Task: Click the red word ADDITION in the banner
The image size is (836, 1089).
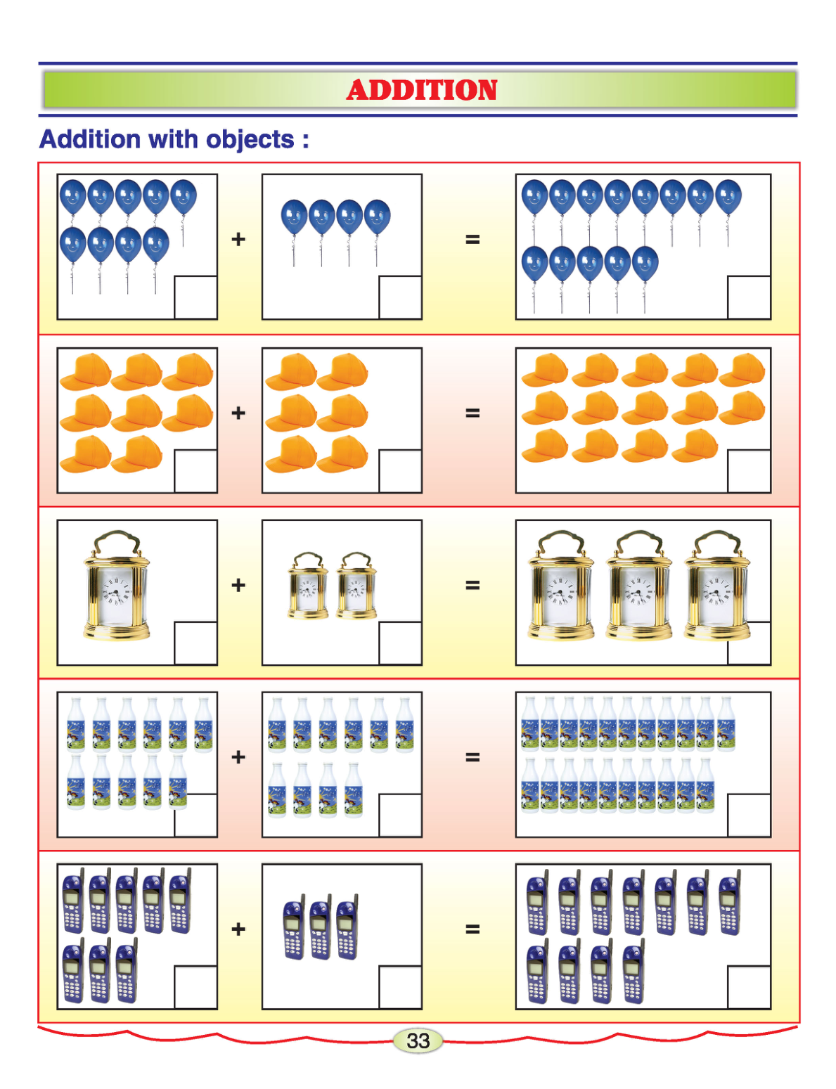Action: point(421,90)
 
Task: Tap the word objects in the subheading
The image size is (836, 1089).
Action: point(250,140)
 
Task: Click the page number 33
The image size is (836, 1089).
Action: point(418,1041)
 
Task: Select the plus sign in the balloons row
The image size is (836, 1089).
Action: point(238,239)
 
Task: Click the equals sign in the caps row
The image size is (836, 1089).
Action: point(472,413)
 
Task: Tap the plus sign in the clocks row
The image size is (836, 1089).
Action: point(238,585)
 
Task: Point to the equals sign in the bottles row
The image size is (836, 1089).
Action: point(472,756)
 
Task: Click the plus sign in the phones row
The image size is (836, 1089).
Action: point(238,929)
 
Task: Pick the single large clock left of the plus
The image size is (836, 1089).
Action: point(116,586)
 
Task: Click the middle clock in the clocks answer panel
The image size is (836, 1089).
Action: point(638,586)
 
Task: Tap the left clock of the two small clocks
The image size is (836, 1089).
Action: point(308,586)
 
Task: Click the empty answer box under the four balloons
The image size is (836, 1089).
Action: point(400,297)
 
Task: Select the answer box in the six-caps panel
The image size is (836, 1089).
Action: point(400,471)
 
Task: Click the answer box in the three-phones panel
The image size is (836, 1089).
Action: point(400,987)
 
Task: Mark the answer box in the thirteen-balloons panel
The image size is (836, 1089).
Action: point(749,297)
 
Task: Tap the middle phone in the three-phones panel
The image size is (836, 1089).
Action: point(321,927)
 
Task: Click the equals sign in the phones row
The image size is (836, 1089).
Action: point(472,929)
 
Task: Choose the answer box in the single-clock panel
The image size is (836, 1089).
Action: point(195,643)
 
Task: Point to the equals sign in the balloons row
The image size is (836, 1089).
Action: point(472,240)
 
